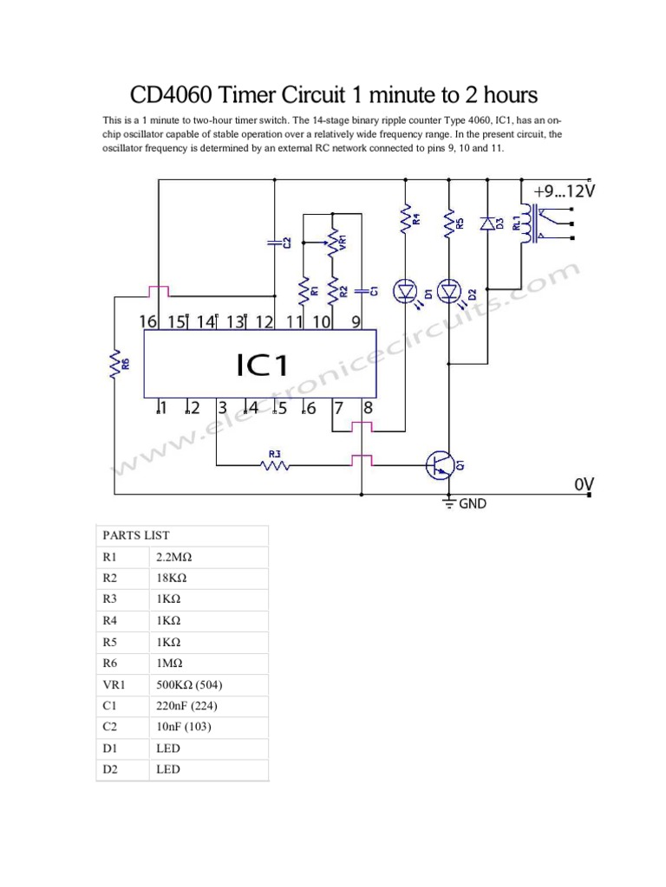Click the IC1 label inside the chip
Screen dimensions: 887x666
[x=261, y=365]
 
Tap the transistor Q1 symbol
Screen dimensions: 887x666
[x=441, y=466]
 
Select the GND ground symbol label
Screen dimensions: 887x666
[x=473, y=503]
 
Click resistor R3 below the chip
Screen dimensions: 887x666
[x=275, y=466]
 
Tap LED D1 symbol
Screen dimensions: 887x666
[x=405, y=291]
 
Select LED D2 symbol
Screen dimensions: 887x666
[x=449, y=291]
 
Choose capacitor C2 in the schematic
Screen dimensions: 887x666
[x=276, y=244]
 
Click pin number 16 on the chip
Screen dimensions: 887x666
[x=148, y=321]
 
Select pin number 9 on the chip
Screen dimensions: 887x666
[x=356, y=321]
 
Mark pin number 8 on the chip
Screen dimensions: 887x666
[x=368, y=408]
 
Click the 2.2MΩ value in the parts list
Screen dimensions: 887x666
[x=172, y=557]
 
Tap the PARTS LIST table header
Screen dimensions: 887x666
[x=136, y=535]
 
